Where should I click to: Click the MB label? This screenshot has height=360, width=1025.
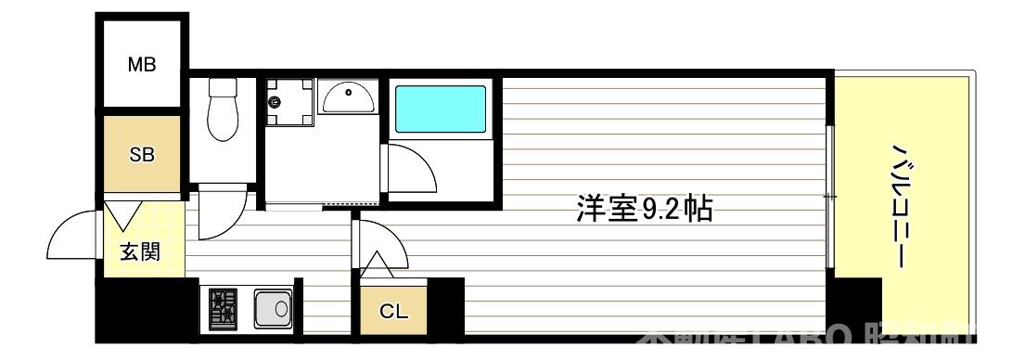[x=142, y=65]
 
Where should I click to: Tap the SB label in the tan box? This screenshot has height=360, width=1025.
[x=142, y=155]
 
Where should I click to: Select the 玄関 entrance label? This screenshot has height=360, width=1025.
[x=140, y=251]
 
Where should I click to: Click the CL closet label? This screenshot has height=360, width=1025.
[x=394, y=311]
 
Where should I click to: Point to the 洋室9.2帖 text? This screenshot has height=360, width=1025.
[x=644, y=210]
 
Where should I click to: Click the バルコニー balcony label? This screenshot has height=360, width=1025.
[x=899, y=204]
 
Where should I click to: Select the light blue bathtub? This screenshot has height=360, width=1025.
[x=441, y=110]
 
